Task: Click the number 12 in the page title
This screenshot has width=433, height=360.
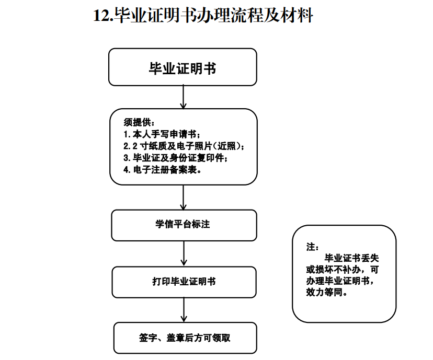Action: click(x=101, y=16)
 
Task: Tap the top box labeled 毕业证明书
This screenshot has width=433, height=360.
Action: click(x=183, y=67)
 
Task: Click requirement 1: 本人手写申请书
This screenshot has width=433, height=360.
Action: click(x=162, y=134)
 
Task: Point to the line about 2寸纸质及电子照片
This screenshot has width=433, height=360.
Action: click(x=184, y=146)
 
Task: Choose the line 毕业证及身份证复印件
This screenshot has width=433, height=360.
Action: click(x=176, y=158)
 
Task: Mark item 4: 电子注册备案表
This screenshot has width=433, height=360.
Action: click(x=162, y=170)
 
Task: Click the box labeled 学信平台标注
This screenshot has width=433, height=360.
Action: click(x=184, y=225)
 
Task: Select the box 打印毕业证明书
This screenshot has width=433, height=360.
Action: click(x=184, y=282)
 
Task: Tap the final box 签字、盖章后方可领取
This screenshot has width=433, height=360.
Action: click(x=185, y=338)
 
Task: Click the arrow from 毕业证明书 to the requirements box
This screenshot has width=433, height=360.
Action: click(x=183, y=97)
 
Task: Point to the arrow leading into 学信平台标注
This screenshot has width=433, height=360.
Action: click(x=183, y=198)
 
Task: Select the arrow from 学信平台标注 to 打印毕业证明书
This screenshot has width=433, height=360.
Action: click(x=184, y=254)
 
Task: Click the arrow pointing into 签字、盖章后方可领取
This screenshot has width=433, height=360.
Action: click(x=184, y=310)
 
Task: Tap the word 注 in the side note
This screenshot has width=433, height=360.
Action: click(x=311, y=247)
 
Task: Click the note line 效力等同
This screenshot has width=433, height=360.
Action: click(x=327, y=292)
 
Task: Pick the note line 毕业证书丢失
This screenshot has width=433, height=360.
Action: click(x=351, y=258)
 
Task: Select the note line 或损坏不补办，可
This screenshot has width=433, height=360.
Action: click(x=343, y=270)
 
